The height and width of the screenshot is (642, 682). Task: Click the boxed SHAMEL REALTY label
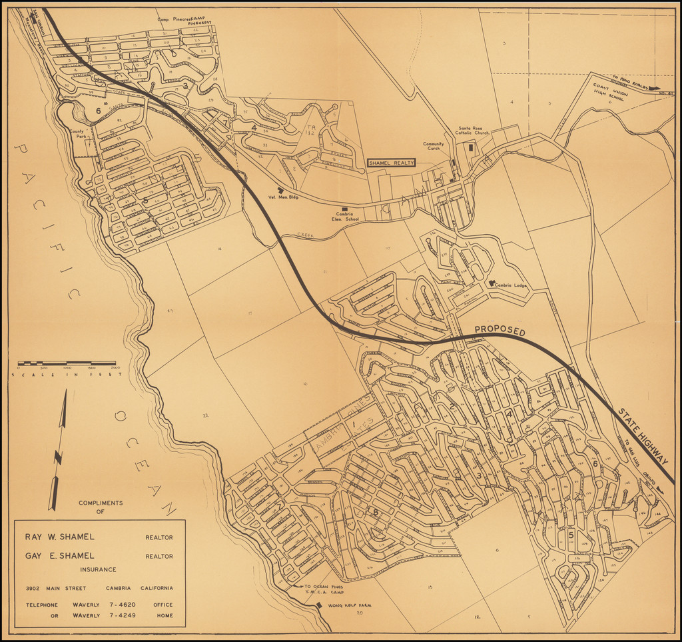pyautogui.click(x=392, y=163)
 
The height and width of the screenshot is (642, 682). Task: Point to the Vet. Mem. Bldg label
pyautogui.click(x=282, y=197)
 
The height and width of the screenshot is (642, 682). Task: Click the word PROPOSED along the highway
pyautogui.click(x=500, y=331)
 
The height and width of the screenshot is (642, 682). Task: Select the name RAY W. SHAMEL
pyautogui.click(x=60, y=537)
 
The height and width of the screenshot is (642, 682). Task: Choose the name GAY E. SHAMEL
pyautogui.click(x=60, y=555)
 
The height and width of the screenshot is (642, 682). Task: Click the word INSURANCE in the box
pyautogui.click(x=98, y=569)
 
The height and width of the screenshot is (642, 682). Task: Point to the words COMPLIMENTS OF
pyautogui.click(x=101, y=507)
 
